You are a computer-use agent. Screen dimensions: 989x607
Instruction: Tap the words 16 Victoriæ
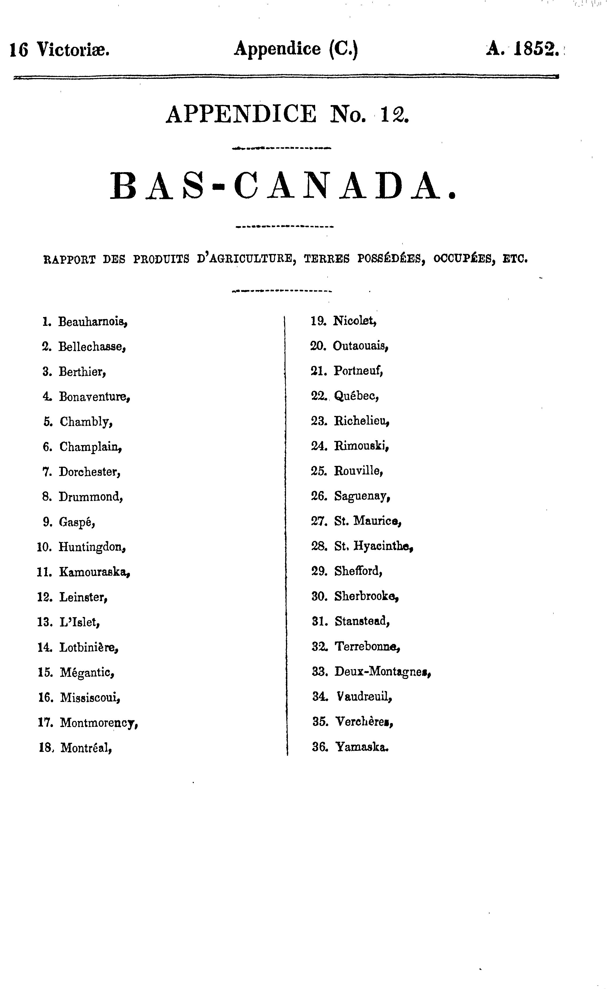coord(60,50)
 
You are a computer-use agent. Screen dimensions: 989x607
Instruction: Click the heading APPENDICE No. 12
coord(287,114)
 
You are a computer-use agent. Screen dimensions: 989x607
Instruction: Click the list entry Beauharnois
coord(93,322)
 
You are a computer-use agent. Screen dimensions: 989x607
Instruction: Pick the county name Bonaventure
coord(95,397)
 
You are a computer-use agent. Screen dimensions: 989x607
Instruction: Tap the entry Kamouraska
coord(95,572)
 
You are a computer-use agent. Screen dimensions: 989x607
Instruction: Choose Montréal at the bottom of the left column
coord(86,748)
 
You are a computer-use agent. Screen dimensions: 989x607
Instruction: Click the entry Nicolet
coord(355,321)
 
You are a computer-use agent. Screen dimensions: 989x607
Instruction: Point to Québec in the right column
coord(357,396)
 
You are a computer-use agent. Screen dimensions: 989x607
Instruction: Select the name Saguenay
coord(362,497)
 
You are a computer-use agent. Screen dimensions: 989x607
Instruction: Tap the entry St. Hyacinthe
coord(374,546)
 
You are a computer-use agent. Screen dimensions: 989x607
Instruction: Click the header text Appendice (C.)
coord(296,49)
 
